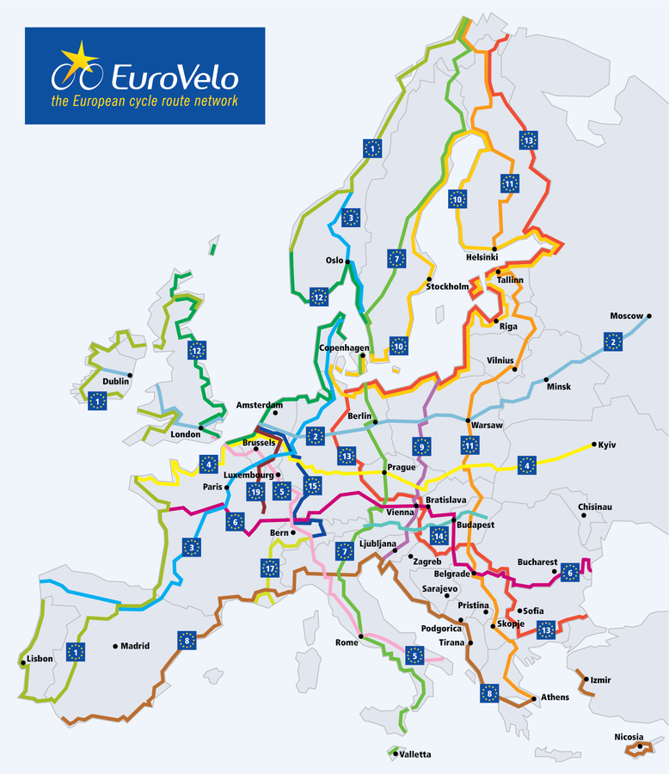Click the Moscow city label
click(x=626, y=316)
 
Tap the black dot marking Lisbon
click(x=22, y=661)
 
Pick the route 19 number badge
click(x=255, y=492)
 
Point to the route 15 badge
click(x=311, y=486)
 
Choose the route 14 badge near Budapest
click(x=440, y=535)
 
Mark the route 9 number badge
click(x=420, y=446)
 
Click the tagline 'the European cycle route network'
click(x=144, y=101)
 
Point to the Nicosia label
click(x=629, y=736)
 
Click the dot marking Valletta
click(x=391, y=754)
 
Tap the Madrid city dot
click(x=114, y=646)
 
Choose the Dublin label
click(x=115, y=381)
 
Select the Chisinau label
click(x=595, y=507)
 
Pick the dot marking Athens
click(x=534, y=697)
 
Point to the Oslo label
click(x=334, y=259)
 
